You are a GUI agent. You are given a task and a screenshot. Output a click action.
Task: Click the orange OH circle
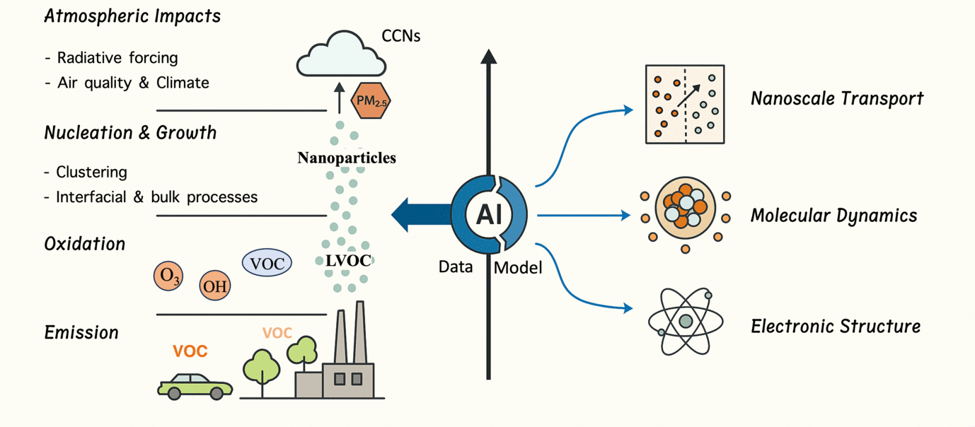214,286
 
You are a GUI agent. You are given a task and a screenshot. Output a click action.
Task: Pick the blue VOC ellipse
267,264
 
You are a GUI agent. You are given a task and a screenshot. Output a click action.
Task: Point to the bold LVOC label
348,260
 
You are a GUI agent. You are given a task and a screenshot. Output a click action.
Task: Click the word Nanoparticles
347,157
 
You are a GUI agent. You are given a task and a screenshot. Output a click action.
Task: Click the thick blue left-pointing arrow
421,213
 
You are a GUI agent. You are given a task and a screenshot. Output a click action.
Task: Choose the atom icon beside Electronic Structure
684,321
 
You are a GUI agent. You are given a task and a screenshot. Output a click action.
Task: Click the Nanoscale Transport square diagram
685,105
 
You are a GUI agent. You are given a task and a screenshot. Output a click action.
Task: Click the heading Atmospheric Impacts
132,16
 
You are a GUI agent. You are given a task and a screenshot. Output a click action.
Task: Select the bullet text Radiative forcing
117,57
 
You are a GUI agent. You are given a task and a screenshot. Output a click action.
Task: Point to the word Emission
81,332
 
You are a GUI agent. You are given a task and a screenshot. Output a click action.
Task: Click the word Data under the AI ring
456,267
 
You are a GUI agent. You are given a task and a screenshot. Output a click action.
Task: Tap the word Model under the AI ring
518,268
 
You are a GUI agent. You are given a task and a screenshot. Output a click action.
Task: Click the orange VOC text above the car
190,351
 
